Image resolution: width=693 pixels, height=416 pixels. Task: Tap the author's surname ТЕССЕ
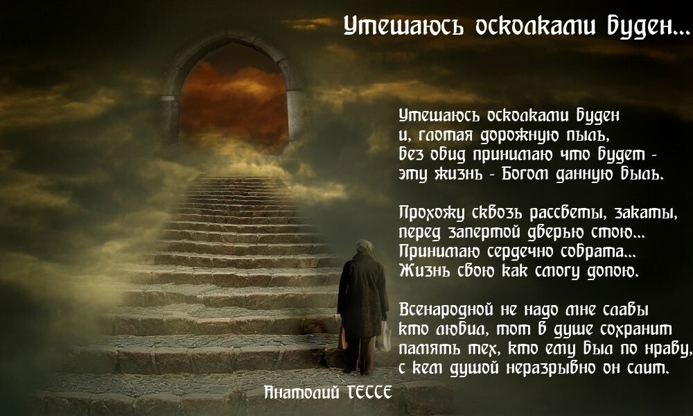370,392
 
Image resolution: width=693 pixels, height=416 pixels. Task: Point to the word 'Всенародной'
446,309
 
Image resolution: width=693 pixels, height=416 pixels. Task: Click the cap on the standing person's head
365,245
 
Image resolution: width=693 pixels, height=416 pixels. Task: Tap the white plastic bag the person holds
384,336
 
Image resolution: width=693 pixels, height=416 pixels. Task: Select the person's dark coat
362,296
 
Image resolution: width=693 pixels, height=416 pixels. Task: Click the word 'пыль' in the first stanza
588,135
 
